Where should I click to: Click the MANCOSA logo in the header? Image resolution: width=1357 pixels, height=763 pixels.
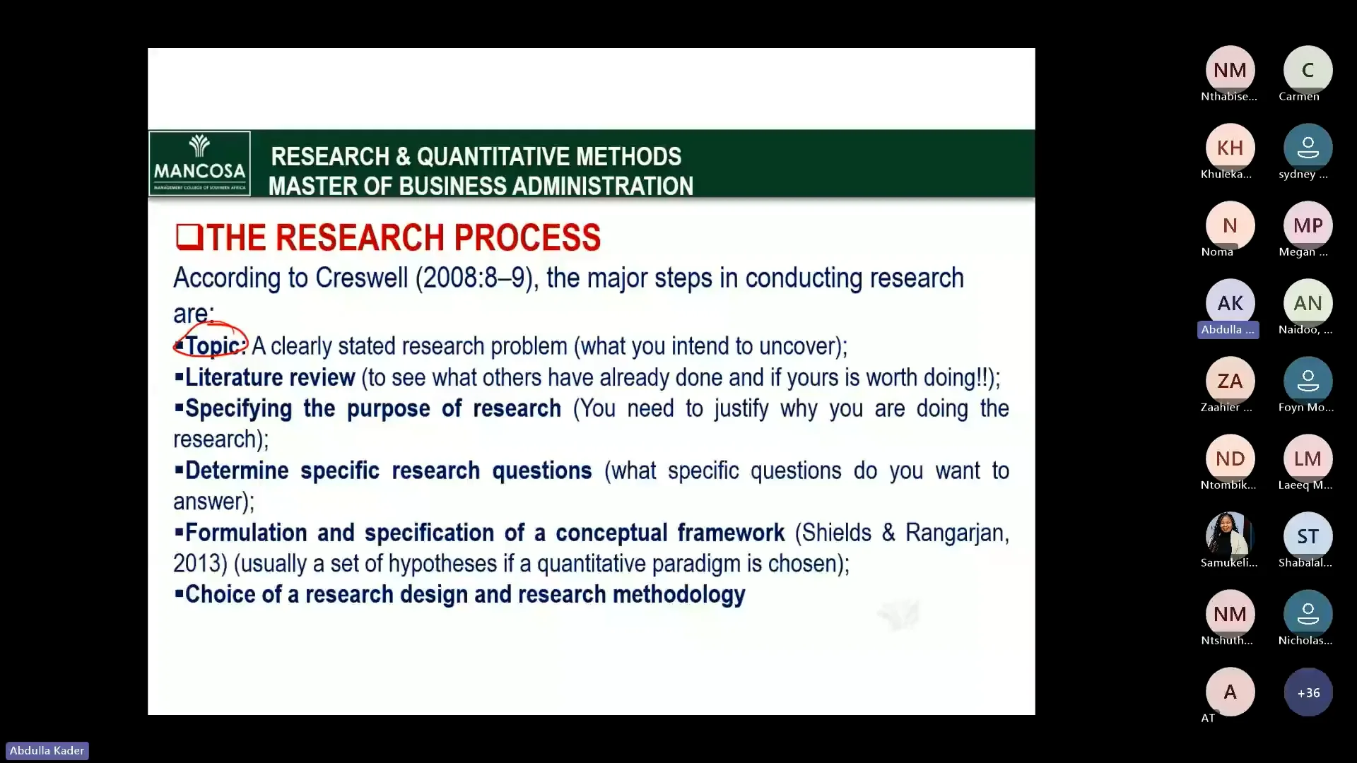[199, 163]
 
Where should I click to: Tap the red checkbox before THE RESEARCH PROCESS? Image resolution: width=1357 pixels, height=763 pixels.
[189, 237]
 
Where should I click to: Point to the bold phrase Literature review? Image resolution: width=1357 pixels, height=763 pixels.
[269, 377]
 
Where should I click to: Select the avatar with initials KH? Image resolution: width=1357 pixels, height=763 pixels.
[1230, 148]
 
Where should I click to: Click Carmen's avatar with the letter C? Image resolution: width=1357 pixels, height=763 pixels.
[1308, 70]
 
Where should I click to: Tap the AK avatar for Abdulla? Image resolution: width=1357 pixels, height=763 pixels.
[1230, 303]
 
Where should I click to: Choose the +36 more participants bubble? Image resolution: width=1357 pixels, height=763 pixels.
[1308, 692]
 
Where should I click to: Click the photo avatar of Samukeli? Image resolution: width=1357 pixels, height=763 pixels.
[1230, 536]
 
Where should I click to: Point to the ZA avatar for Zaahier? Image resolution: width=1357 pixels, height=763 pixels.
[1230, 381]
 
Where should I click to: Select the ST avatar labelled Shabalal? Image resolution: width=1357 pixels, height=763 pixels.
[1308, 536]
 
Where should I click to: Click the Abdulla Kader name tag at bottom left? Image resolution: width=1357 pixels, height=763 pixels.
[47, 750]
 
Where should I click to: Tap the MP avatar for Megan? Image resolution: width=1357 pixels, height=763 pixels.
[1308, 225]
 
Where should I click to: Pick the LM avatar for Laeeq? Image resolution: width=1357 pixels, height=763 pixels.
[1308, 459]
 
